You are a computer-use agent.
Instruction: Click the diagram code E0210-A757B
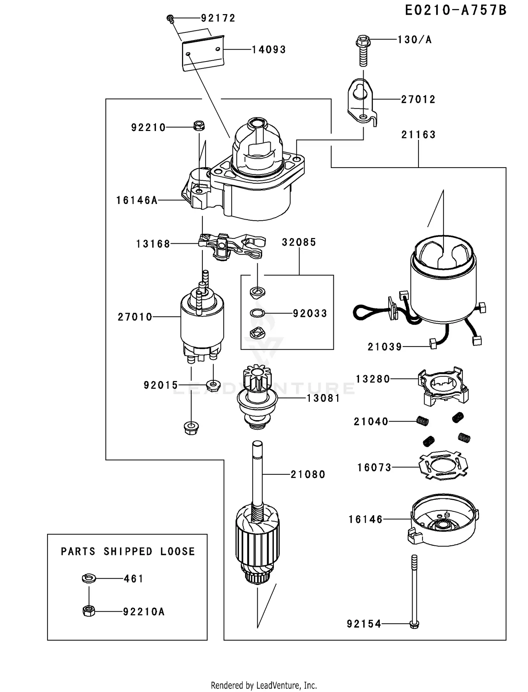pyautogui.click(x=455, y=11)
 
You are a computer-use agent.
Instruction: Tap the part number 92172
pyautogui.click(x=218, y=18)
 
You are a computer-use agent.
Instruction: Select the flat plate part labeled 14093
pyautogui.click(x=203, y=53)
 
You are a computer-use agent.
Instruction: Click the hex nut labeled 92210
pyautogui.click(x=199, y=125)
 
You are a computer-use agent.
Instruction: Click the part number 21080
pyautogui.click(x=308, y=474)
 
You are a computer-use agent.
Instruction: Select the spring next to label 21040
pyautogui.click(x=422, y=421)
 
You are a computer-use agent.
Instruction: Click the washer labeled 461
pyautogui.click(x=89, y=578)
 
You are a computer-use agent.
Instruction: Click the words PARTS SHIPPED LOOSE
pyautogui.click(x=128, y=551)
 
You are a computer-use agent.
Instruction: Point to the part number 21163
pyautogui.click(x=418, y=135)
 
